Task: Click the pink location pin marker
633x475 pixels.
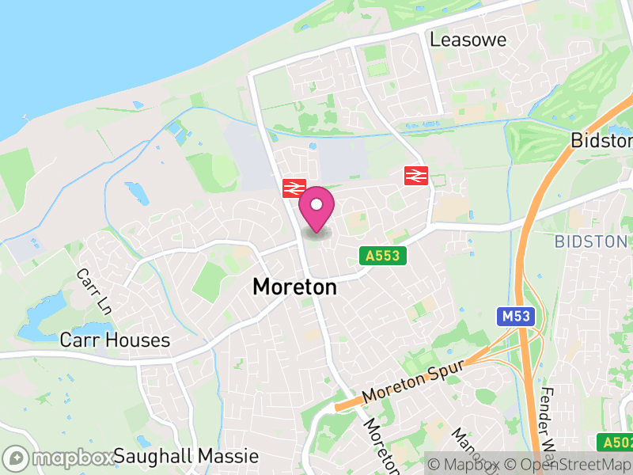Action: click(316, 211)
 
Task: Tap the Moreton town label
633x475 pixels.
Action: click(294, 287)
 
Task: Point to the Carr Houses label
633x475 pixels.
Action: click(115, 340)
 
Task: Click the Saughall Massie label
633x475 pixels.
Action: click(186, 457)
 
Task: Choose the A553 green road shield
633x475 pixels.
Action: click(384, 256)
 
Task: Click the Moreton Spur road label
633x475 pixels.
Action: click(411, 383)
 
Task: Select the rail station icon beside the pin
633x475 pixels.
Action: click(294, 188)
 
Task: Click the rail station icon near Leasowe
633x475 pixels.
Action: click(415, 175)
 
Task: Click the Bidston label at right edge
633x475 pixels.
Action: click(602, 141)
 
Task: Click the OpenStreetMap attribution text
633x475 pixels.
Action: click(575, 465)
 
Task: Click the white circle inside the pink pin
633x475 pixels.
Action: click(316, 206)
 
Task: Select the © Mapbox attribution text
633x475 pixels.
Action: click(473, 465)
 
